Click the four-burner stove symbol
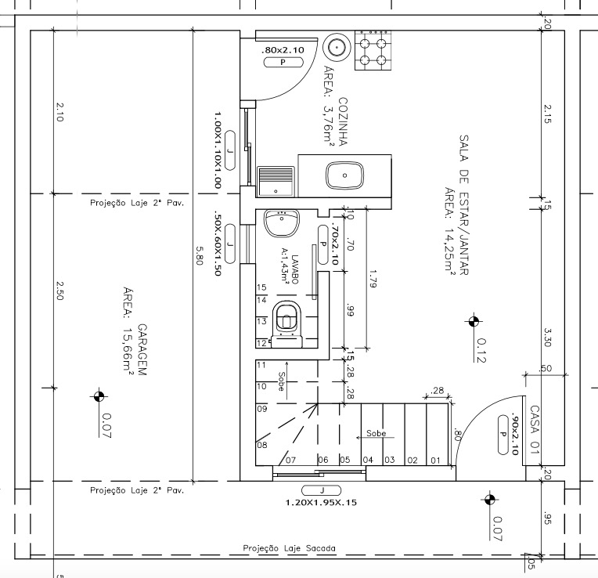tap(373, 50)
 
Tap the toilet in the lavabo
tap(287, 324)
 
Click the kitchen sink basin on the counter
tap(344, 175)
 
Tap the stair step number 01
tap(435, 461)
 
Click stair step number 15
tap(261, 287)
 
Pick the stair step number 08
tap(262, 445)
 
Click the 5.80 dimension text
tap(200, 255)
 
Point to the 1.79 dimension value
tap(373, 279)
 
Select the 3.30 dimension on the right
tap(547, 338)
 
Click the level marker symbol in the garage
tap(99, 396)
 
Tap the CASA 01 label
tap(535, 430)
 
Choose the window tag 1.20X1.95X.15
tap(321, 503)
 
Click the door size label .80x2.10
tap(283, 50)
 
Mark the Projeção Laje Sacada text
tap(290, 548)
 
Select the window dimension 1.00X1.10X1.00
tap(218, 150)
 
